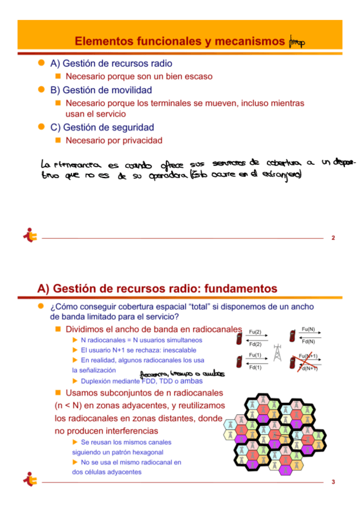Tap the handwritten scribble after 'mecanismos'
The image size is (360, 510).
click(297, 41)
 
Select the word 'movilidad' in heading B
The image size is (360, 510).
click(132, 90)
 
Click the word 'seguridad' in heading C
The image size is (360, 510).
click(133, 127)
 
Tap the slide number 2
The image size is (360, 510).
click(333, 239)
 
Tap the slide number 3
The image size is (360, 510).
click(333, 482)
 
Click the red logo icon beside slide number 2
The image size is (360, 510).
click(29, 236)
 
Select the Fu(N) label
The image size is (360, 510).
click(308, 330)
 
